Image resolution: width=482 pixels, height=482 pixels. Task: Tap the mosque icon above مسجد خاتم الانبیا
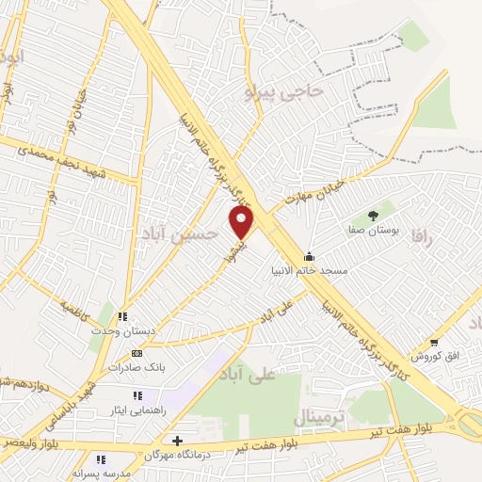coord(309,256)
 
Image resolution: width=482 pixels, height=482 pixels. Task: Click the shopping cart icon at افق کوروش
coord(434,342)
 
